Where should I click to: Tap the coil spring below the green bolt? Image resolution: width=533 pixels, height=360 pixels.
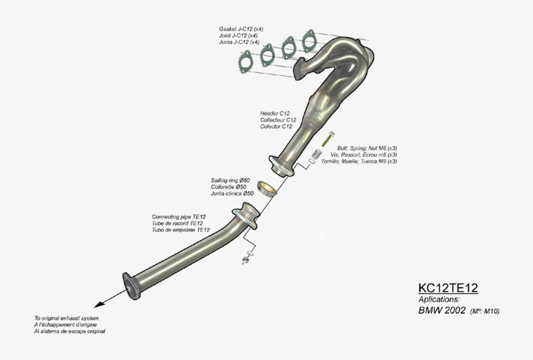[317, 154]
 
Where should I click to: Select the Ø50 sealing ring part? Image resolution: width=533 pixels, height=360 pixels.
[266, 188]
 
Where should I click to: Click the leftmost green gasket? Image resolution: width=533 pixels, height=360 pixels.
[245, 62]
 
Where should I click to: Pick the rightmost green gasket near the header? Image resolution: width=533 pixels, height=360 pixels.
[309, 41]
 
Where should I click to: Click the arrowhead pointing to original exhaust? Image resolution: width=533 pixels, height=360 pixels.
[99, 304]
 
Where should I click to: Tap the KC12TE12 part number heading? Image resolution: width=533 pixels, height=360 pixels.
[448, 288]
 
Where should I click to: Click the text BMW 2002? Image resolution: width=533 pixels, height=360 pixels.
[442, 310]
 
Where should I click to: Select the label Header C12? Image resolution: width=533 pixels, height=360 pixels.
[275, 113]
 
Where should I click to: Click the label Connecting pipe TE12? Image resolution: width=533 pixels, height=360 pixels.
[179, 216]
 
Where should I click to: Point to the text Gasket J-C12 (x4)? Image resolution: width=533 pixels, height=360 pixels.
[241, 29]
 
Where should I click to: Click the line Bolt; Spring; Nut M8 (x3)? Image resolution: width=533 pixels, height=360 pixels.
[367, 148]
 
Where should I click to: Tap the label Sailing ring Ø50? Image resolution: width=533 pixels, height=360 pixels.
[230, 180]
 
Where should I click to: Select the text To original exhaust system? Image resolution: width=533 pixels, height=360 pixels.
[66, 318]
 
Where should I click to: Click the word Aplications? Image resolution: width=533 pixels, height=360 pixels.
[439, 300]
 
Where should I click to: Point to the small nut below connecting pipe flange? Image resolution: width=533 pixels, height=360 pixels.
[246, 260]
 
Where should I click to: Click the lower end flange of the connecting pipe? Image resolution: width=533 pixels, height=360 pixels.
[131, 286]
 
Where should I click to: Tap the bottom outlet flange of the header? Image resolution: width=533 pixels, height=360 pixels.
[281, 166]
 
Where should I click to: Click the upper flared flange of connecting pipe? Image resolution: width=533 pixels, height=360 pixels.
[246, 216]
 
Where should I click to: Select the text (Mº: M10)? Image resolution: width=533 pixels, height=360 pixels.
[485, 311]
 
